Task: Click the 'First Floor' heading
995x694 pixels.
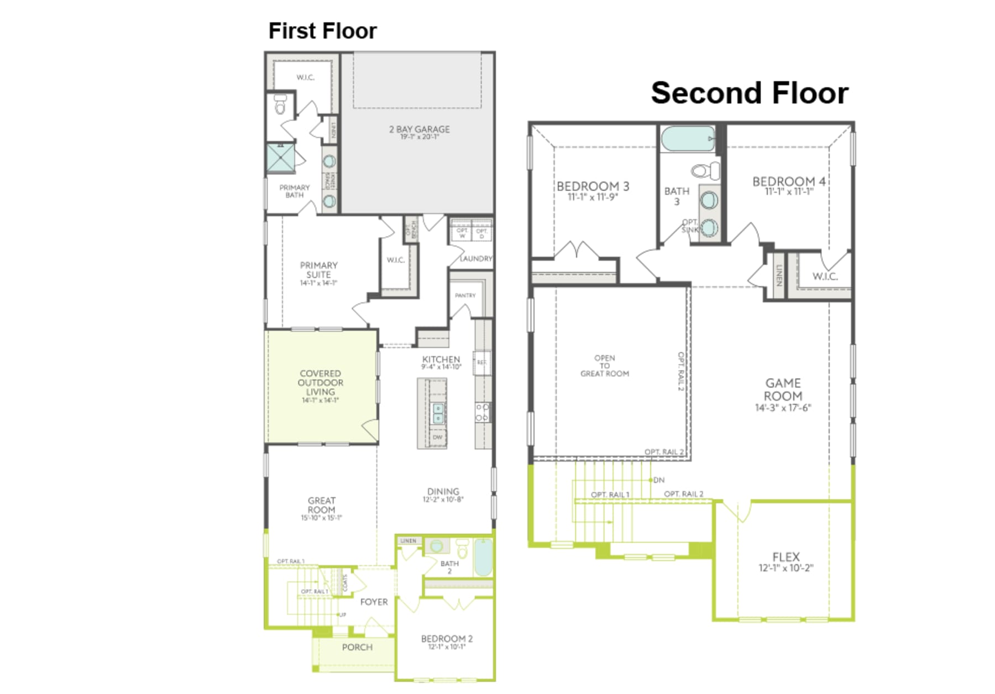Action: (322, 31)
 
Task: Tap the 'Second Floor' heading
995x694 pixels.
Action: (749, 93)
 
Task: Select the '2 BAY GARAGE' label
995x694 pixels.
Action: (419, 129)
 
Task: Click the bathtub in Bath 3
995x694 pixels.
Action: (688, 139)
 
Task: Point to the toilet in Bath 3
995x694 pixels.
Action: (707, 170)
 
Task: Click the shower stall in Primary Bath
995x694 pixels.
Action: (281, 159)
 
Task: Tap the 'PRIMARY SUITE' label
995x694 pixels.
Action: (318, 270)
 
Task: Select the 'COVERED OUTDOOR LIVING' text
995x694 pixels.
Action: (320, 383)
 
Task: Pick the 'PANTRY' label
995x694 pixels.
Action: (465, 295)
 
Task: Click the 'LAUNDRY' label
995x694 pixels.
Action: (475, 258)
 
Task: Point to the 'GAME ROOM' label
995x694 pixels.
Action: (783, 390)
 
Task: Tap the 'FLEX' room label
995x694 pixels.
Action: (785, 557)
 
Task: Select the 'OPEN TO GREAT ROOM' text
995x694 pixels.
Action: (604, 366)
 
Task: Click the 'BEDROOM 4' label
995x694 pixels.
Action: (788, 181)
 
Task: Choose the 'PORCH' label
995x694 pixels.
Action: (357, 647)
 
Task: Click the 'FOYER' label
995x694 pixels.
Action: (374, 602)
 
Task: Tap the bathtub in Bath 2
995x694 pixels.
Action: (483, 557)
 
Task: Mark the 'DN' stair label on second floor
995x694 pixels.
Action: (658, 480)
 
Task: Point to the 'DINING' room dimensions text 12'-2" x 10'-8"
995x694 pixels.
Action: (443, 500)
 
